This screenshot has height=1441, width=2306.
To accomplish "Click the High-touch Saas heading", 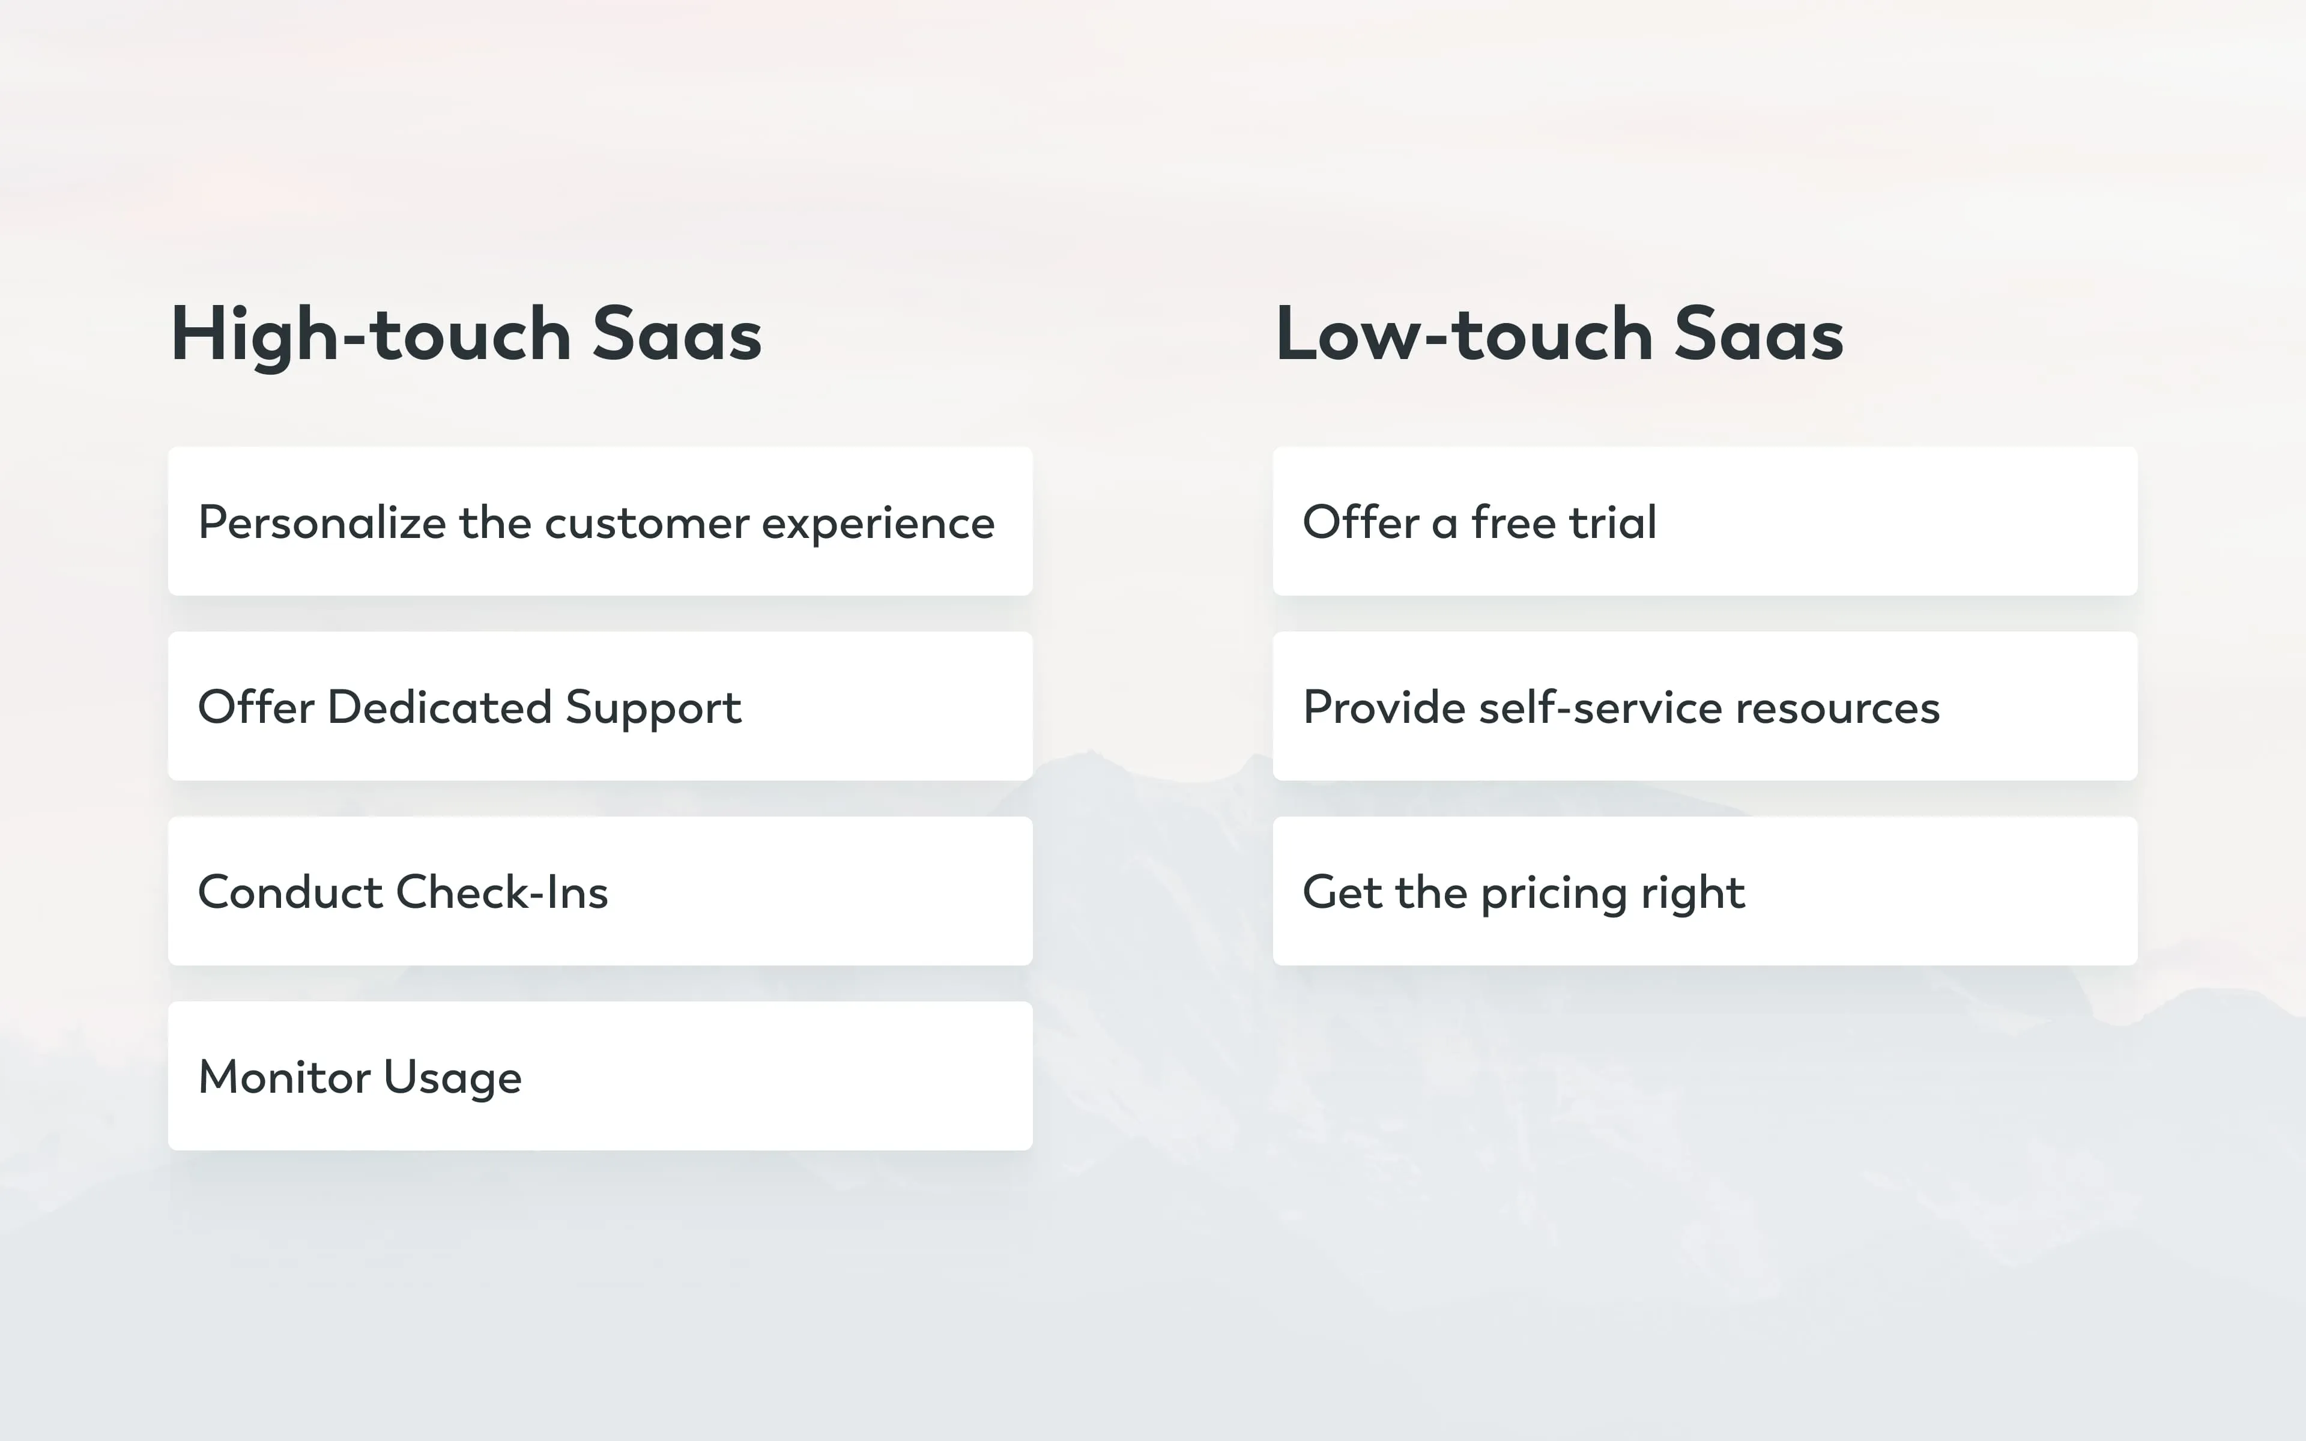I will click(466, 334).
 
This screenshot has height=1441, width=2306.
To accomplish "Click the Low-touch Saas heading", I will click(1559, 334).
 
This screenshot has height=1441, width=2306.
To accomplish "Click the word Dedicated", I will click(440, 707).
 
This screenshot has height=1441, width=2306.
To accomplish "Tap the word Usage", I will click(453, 1078).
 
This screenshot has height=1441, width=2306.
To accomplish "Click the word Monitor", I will click(284, 1077).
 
